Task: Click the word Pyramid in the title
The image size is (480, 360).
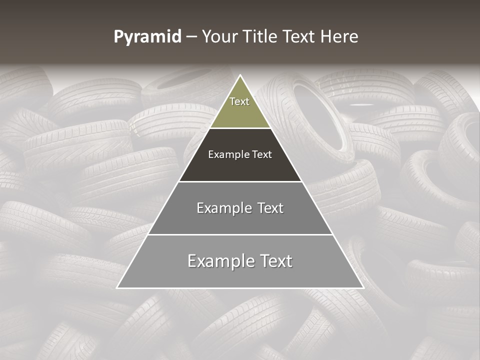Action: (147, 37)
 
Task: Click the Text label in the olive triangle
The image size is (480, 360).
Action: (239, 101)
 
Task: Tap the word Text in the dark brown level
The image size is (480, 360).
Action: (262, 154)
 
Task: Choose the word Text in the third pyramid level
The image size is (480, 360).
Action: (270, 208)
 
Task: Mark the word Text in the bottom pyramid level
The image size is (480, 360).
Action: (275, 261)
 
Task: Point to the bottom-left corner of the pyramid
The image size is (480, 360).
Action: (117, 287)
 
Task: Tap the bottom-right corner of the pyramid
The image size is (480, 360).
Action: (363, 287)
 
